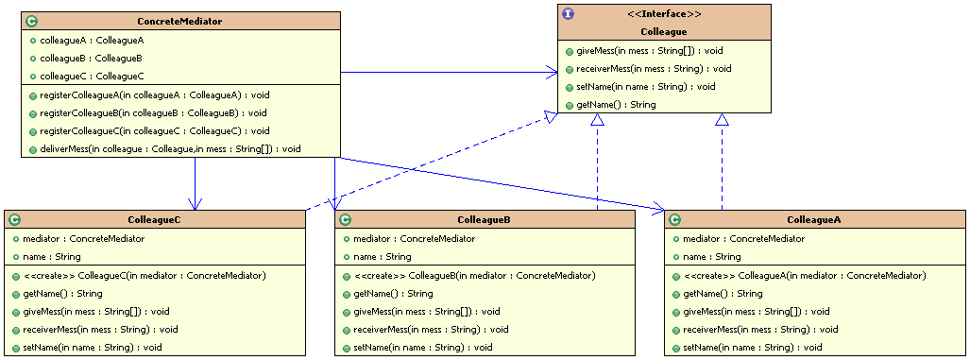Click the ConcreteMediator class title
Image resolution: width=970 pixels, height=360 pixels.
pos(180,21)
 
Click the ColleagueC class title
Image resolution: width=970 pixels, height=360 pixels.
pos(154,219)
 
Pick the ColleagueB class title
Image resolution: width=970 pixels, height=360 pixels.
pos(484,219)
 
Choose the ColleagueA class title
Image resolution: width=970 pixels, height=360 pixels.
pos(814,219)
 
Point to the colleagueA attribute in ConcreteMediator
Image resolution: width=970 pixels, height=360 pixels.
pos(79,41)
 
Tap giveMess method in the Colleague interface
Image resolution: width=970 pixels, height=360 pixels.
pos(641,50)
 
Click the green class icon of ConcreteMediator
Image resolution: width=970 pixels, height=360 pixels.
pos(30,21)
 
